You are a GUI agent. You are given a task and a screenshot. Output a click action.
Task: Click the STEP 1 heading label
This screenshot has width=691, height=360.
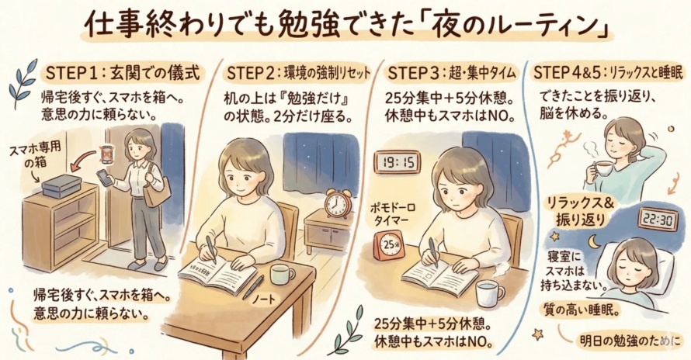coord(123,74)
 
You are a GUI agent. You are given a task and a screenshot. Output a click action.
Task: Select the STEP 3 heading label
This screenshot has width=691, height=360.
coord(450,74)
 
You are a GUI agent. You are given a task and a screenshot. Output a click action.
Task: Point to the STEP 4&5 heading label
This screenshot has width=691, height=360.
coord(610,74)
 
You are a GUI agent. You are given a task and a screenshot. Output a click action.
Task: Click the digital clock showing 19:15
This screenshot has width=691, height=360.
coord(398,162)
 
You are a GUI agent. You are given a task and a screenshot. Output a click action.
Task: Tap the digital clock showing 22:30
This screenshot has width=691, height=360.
coord(658,220)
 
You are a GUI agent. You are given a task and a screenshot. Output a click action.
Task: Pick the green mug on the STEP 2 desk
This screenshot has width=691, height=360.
coord(281,274)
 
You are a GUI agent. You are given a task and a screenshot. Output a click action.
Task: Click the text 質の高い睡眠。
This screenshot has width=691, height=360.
coord(582,310)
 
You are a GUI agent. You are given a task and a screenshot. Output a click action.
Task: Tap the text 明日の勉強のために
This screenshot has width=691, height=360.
coord(633,341)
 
